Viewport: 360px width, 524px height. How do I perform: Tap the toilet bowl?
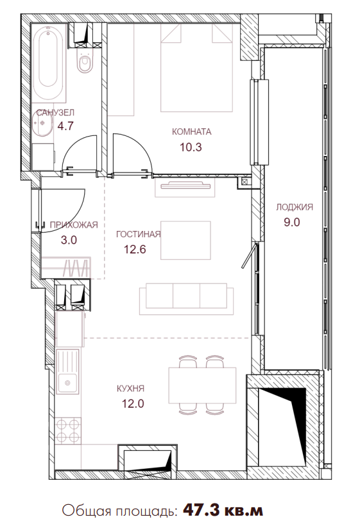click(85, 61)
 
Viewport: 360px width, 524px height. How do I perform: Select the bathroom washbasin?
click(43, 124)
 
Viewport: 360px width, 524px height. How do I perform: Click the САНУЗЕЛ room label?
click(55, 113)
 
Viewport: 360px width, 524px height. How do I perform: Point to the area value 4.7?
click(65, 126)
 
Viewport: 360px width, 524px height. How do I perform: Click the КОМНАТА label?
click(191, 131)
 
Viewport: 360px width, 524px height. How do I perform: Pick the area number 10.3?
click(191, 147)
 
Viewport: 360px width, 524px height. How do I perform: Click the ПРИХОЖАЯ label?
click(74, 225)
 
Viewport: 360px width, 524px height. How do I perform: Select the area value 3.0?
click(69, 240)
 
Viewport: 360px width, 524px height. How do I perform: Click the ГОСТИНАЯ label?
click(139, 234)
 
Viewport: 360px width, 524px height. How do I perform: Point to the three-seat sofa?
click(187, 299)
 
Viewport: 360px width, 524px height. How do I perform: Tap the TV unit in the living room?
click(185, 187)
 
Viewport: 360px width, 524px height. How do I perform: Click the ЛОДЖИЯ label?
click(295, 207)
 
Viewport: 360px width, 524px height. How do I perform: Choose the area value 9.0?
click(292, 222)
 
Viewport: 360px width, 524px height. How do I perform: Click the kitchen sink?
click(68, 371)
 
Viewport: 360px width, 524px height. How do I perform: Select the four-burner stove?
click(68, 431)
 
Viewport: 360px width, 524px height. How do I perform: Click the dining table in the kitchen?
click(202, 385)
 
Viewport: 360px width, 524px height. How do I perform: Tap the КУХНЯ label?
click(130, 389)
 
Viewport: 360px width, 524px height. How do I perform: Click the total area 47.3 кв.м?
click(223, 511)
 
